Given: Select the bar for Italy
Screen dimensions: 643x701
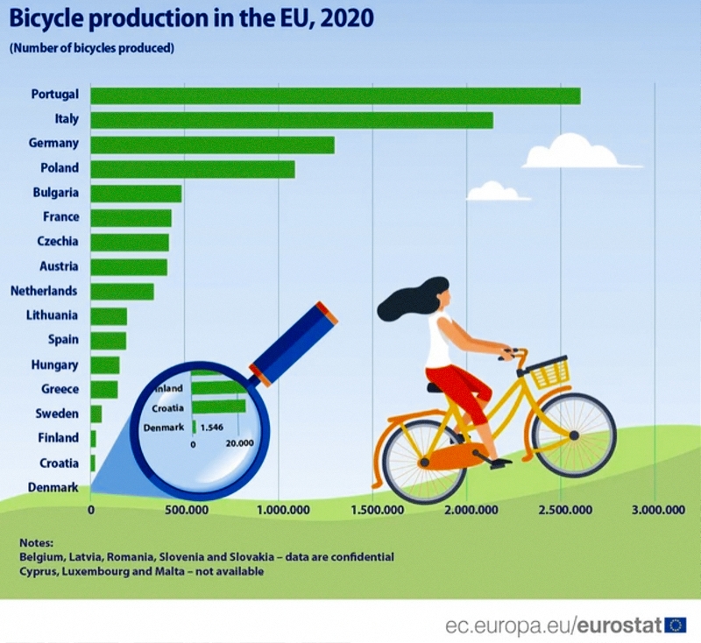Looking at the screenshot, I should point(291,120).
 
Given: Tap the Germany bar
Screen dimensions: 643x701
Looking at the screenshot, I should point(212,145).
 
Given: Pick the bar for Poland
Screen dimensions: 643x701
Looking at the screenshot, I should point(192,169).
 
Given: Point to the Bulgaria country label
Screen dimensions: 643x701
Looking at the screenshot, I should point(55,193).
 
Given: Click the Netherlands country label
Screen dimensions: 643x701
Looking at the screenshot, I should point(44,291).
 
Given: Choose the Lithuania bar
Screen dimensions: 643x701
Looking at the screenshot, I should point(109,316).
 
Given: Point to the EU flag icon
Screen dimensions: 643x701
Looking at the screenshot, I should point(676,625).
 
